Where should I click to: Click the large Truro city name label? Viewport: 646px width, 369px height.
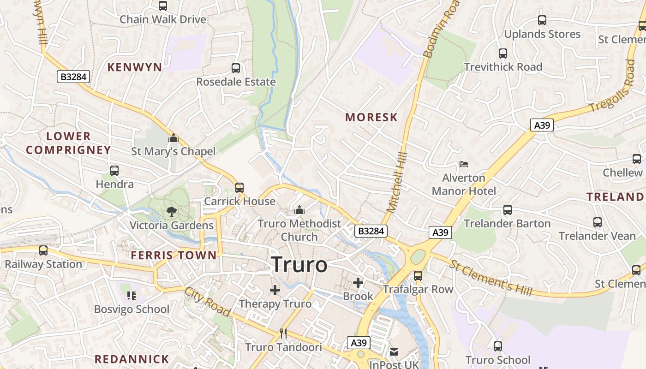click(x=299, y=265)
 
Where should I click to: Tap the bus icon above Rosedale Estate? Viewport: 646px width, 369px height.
click(x=236, y=69)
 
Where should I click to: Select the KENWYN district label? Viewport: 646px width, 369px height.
click(x=135, y=67)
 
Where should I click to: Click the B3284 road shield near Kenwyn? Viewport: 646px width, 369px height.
click(x=73, y=77)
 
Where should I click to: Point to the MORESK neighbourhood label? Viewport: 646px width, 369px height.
click(x=371, y=117)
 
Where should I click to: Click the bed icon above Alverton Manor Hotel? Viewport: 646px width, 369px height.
click(x=464, y=164)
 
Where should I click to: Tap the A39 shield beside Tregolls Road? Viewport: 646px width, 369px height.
click(x=541, y=125)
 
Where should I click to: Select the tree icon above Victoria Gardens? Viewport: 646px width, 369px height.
click(x=172, y=212)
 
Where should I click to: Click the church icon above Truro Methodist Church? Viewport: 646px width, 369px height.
click(x=299, y=210)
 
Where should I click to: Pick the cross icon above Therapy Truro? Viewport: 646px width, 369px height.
click(x=275, y=290)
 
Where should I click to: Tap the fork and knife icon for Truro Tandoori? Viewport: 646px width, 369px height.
click(x=283, y=333)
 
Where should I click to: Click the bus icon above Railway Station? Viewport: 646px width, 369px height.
click(x=43, y=250)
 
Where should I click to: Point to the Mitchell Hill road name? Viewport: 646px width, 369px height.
click(x=397, y=182)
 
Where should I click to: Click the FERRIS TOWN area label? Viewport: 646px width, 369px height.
click(x=173, y=255)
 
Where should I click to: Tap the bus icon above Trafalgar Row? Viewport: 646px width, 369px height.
click(x=418, y=276)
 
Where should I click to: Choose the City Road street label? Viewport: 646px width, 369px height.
click(x=207, y=302)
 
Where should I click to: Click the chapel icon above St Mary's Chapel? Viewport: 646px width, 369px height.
click(x=173, y=138)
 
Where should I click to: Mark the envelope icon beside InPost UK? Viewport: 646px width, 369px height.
click(x=394, y=352)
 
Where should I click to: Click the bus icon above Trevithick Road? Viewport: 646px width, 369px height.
click(x=503, y=54)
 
